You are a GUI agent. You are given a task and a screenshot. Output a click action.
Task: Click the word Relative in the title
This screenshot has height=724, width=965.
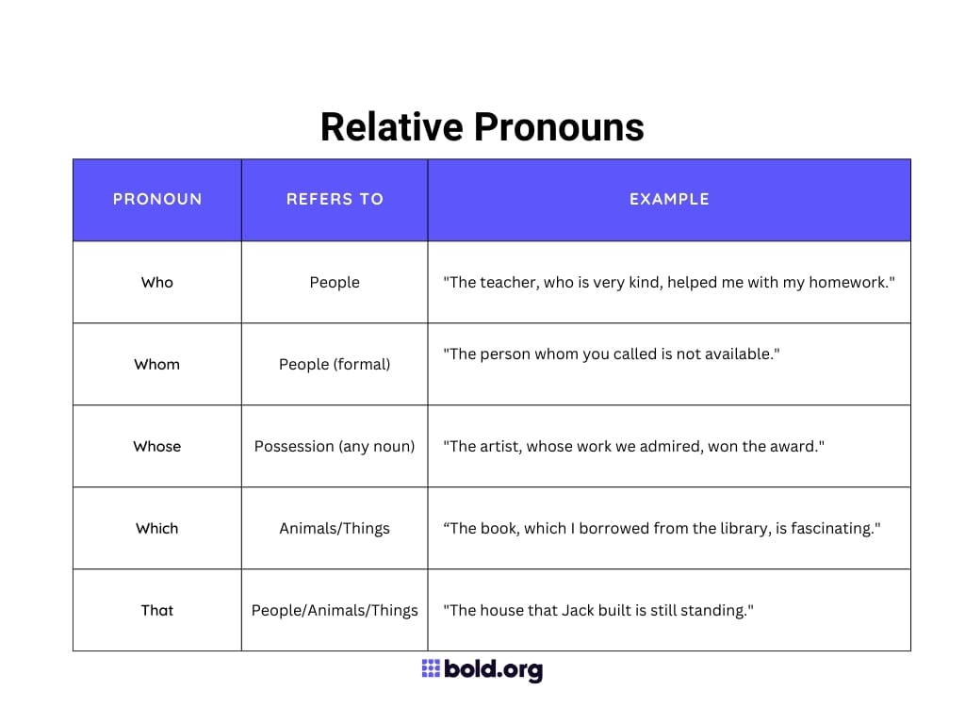(x=390, y=126)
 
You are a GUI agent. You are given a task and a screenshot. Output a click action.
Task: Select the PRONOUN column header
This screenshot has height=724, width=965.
(x=157, y=199)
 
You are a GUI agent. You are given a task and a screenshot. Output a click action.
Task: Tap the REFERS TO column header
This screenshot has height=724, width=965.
(x=335, y=199)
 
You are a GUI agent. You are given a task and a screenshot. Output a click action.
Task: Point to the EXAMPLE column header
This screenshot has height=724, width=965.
(x=669, y=199)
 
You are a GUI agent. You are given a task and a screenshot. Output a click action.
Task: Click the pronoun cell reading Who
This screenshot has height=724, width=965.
(x=157, y=282)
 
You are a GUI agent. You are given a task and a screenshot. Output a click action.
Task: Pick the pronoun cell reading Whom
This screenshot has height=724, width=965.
(x=157, y=364)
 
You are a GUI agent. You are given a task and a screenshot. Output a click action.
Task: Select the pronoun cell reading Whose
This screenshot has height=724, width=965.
(x=157, y=446)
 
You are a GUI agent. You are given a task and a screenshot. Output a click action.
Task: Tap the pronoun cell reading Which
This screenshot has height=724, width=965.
(x=157, y=528)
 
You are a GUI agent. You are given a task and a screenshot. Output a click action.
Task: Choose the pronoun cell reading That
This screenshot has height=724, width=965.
(x=157, y=610)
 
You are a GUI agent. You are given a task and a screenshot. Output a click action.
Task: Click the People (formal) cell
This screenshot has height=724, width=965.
(x=335, y=364)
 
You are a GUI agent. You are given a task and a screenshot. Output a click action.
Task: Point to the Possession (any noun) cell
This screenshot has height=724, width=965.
(x=335, y=446)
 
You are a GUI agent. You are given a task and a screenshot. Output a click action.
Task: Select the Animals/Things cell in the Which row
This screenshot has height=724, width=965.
(x=335, y=528)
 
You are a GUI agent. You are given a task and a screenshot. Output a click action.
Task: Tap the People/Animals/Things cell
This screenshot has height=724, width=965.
(x=335, y=610)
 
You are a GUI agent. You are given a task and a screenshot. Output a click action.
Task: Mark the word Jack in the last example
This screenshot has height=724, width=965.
(x=580, y=610)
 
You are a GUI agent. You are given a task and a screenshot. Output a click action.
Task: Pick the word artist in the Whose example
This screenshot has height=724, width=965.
(x=499, y=446)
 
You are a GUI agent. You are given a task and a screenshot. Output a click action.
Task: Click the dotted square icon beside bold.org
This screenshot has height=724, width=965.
(x=431, y=669)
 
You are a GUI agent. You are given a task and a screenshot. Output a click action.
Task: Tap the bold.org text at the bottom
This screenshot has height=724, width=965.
(x=493, y=670)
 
